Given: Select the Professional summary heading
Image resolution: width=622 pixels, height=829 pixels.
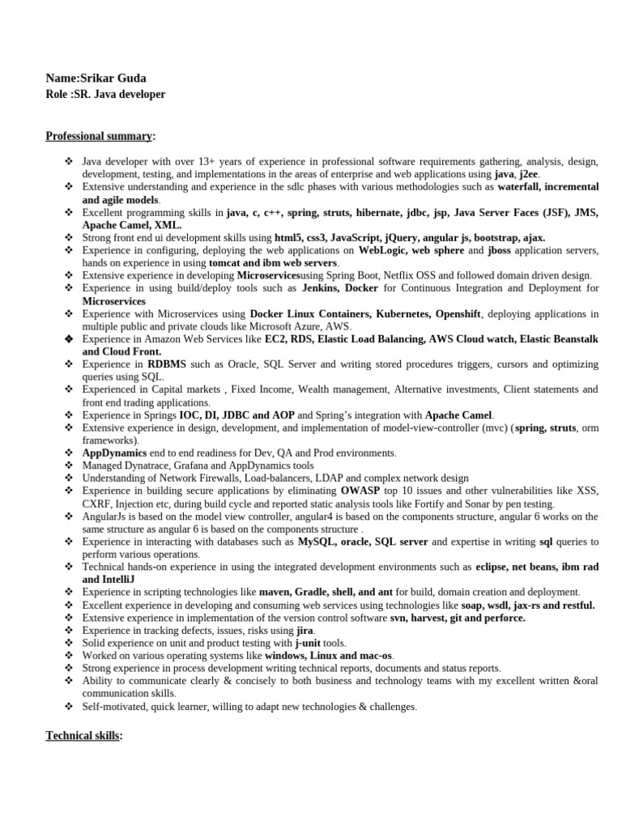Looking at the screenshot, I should point(100,135).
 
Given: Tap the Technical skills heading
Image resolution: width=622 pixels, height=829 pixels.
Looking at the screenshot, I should point(83,735).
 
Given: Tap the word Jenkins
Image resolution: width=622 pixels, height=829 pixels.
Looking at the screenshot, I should point(323,288).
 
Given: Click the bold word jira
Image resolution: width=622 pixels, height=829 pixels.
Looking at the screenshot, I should point(304,630).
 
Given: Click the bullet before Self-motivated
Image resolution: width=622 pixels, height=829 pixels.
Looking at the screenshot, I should point(70,706).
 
